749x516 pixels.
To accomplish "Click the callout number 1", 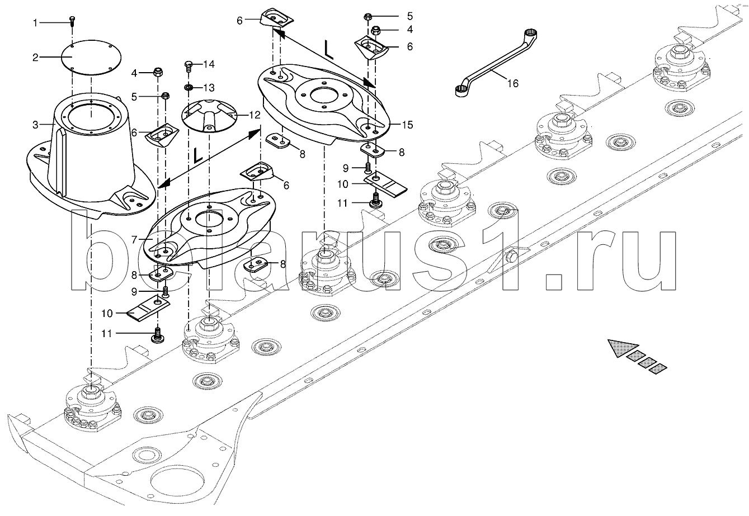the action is [x=35, y=23].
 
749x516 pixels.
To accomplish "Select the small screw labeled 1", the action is [x=72, y=21].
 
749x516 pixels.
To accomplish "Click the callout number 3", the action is [x=35, y=125].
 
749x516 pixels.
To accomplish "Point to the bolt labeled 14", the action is [x=189, y=66].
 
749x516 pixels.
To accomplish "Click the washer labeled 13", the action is [x=189, y=88].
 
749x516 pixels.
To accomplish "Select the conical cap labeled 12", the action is [x=209, y=116].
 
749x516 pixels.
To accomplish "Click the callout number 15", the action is [x=408, y=125].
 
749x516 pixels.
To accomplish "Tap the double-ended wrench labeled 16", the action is [x=497, y=64].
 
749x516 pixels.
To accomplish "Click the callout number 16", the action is [x=513, y=83].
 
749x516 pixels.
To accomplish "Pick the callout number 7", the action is [x=135, y=240].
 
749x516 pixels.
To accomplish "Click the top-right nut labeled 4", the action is [x=376, y=30].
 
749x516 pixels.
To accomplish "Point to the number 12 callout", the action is [x=255, y=115].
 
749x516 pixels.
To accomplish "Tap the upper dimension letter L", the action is [x=329, y=50].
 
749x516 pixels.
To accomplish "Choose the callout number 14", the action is [x=209, y=64].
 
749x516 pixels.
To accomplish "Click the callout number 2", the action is [x=35, y=58].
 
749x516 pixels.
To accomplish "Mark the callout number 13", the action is [x=209, y=88].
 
